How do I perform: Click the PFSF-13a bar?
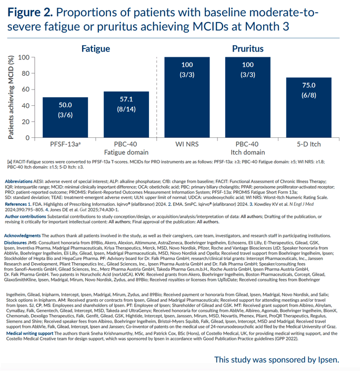click(x=65, y=117)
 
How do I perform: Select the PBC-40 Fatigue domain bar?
click(x=126, y=115)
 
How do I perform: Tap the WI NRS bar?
click(x=187, y=97)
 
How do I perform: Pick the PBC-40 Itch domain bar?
click(x=248, y=97)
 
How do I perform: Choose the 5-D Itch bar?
click(x=308, y=107)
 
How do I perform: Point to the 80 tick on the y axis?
click(x=33, y=73)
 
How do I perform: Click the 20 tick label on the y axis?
click(x=26, y=122)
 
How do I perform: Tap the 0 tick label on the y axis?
click(x=28, y=138)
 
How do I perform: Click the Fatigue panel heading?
click(x=96, y=49)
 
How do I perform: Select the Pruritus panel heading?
click(x=247, y=49)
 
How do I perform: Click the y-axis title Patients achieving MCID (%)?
click(x=11, y=97)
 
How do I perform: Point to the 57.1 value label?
click(x=126, y=99)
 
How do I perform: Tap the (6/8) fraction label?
click(x=308, y=95)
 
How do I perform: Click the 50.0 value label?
click(x=65, y=105)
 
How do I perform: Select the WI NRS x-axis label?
click(x=187, y=144)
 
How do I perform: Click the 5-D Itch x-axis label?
click(x=308, y=144)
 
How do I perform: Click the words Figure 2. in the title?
click(x=30, y=12)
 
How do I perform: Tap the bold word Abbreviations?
click(x=18, y=182)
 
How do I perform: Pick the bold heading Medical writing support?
click(x=29, y=334)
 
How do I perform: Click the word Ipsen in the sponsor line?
click(x=328, y=360)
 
